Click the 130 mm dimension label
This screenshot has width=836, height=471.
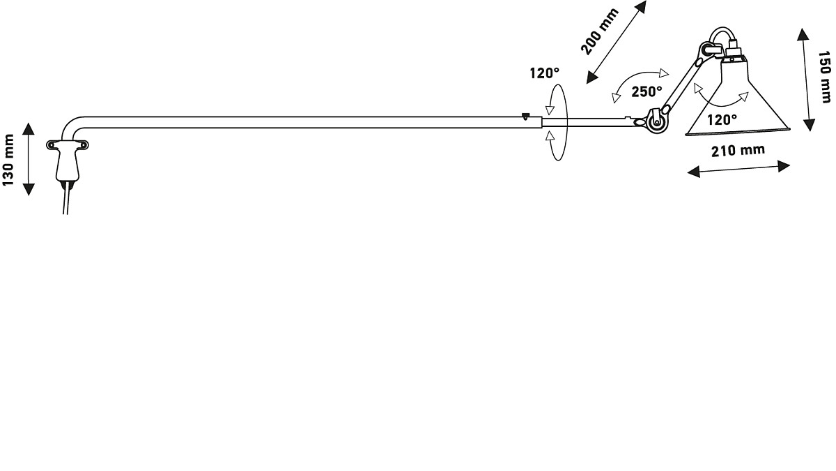8,160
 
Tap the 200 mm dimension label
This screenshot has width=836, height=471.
599,31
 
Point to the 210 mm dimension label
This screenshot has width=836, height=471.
738,150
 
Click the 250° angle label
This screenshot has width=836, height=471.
647,91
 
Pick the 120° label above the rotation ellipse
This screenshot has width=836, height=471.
545,73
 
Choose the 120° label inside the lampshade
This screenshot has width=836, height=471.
722,119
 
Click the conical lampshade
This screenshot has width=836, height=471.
738,97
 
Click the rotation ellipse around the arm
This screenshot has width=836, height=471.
557,123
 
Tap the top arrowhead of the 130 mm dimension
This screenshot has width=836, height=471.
29,128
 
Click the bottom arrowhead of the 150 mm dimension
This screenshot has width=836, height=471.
809,125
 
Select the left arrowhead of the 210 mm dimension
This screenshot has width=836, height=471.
693,172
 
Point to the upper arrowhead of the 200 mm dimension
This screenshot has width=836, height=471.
640,7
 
